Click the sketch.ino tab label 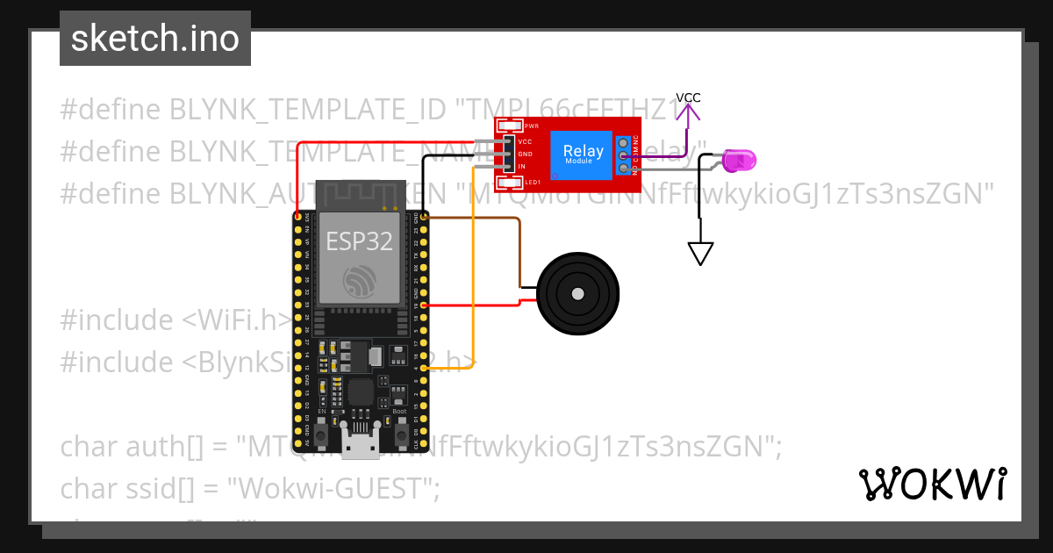154,39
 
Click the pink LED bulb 741,161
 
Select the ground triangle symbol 699,254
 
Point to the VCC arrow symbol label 688,97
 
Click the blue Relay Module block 583,154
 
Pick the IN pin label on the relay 521,167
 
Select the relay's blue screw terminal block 624,154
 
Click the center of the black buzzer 577,293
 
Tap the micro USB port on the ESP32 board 358,450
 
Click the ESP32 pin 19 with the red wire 425,305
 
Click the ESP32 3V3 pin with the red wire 298,216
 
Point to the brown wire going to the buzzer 519,250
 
